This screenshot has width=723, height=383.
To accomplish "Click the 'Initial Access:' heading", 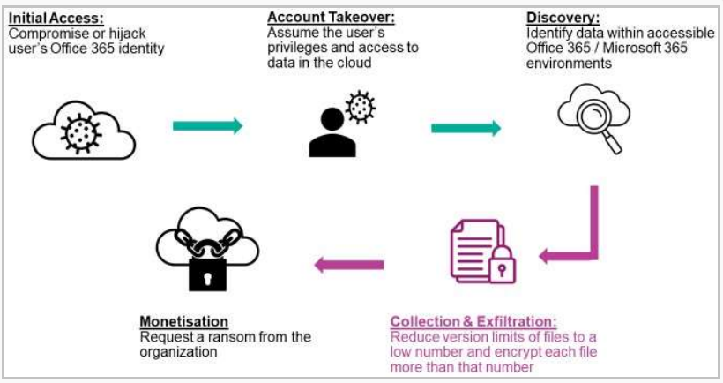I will tap(55, 17).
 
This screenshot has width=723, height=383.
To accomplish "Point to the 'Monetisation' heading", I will tap(184, 322).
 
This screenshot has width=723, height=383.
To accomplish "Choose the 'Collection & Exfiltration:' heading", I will tap(473, 322).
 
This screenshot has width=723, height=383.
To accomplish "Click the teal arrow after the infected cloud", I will tap(207, 126).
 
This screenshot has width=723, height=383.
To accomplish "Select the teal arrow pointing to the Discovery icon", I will tap(466, 129).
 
